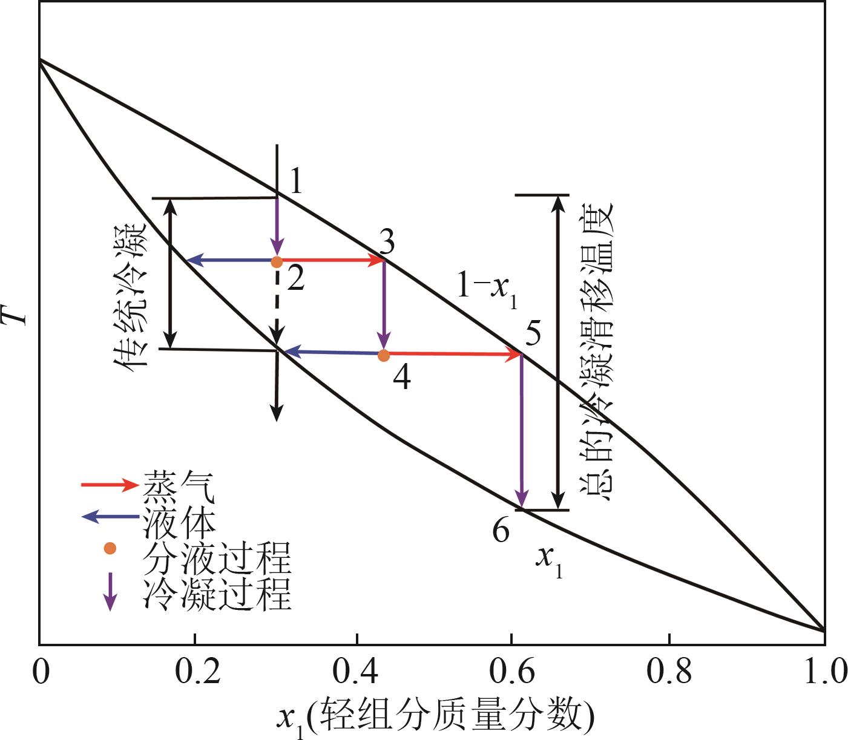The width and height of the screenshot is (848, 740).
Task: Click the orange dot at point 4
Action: (383, 356)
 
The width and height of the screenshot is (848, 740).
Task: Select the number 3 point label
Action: (385, 242)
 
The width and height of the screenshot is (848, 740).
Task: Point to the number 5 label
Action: (533, 333)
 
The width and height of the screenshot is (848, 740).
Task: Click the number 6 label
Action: (501, 531)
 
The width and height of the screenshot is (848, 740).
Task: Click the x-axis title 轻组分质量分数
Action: (436, 715)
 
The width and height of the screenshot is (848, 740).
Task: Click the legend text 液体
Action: (179, 524)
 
